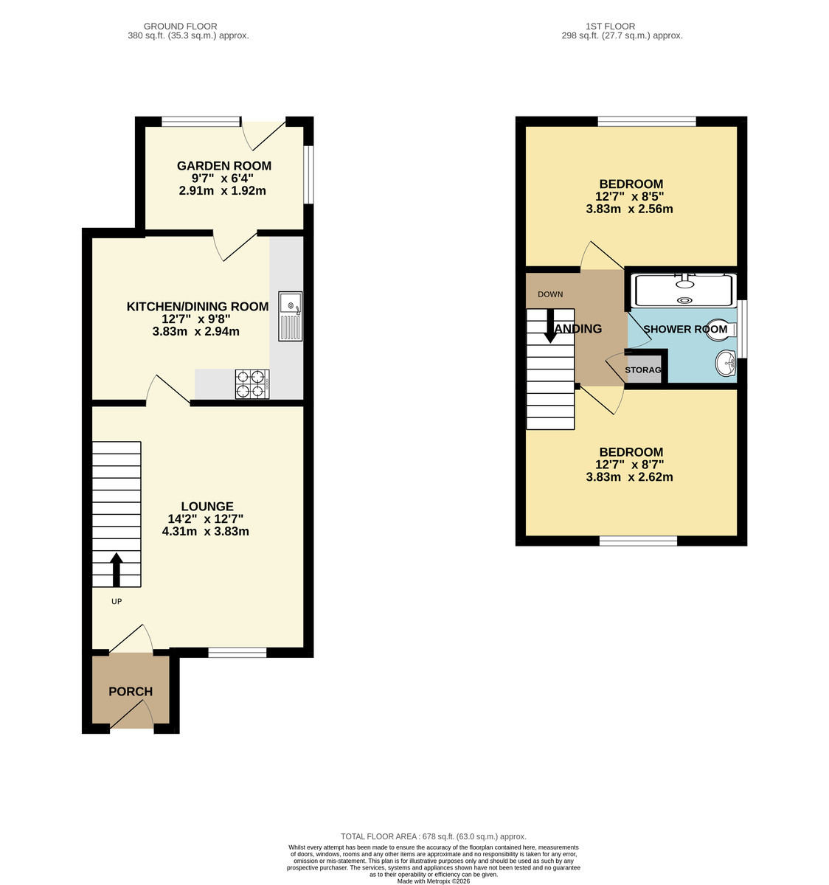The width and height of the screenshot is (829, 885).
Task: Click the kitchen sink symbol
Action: point(291,316)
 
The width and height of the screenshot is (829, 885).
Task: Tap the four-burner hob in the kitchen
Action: point(251,383)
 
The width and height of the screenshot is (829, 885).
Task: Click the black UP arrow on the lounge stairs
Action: point(117,569)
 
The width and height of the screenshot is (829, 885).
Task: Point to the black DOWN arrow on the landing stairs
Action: point(550,325)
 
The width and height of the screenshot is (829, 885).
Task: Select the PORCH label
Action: point(131,692)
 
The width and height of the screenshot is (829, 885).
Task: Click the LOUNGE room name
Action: point(207,507)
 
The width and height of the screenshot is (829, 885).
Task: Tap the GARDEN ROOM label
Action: point(224,166)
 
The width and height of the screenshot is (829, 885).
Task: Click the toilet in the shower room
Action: point(718,329)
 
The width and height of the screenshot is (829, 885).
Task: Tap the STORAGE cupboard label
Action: point(643,369)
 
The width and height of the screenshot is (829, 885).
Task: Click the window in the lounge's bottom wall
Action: point(237,652)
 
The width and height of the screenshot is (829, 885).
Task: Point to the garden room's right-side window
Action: point(308,174)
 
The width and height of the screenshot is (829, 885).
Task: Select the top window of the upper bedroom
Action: point(646,122)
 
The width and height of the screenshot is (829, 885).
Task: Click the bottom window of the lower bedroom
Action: point(638,541)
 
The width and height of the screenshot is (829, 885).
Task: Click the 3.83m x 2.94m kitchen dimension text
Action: point(195,332)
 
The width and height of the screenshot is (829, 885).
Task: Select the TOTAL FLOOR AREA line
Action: point(433,836)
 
